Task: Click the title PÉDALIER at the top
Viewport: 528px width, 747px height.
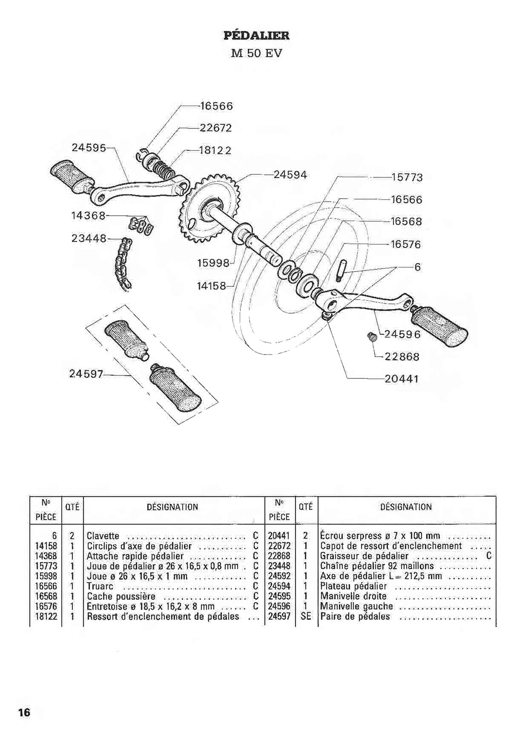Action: point(256,36)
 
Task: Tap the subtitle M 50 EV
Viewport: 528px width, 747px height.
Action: point(256,54)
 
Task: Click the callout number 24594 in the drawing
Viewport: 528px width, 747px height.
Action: point(290,175)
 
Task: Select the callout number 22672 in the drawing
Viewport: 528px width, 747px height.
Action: point(216,128)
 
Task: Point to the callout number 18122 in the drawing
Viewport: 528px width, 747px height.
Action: point(216,151)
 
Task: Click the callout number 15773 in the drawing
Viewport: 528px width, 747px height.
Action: point(406,177)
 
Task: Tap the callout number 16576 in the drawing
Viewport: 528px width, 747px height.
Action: point(406,245)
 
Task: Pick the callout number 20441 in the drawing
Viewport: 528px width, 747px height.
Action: point(401,379)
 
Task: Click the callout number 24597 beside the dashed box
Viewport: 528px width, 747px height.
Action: point(86,374)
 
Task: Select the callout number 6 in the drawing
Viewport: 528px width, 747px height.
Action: point(417,267)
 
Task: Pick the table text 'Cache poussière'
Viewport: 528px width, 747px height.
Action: point(121,596)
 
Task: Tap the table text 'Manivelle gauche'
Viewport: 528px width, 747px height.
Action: point(357,606)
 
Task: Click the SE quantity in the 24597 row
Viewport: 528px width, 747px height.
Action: point(306,616)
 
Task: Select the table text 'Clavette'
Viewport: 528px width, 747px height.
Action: point(103,536)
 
